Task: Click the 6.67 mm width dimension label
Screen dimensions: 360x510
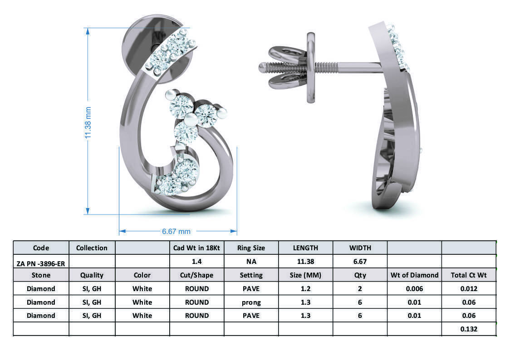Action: tap(176, 231)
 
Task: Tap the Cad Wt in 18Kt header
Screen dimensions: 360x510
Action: tap(196, 248)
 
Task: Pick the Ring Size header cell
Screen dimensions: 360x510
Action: tap(251, 248)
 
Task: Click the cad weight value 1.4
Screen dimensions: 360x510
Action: tap(196, 262)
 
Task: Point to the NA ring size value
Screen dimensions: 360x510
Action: tap(251, 262)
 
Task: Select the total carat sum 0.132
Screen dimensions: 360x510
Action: tap(468, 329)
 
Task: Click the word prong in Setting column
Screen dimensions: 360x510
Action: tap(251, 302)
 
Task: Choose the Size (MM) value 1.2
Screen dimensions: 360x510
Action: tap(305, 289)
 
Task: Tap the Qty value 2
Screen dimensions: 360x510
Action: tap(360, 289)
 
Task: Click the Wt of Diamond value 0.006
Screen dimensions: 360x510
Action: tap(414, 289)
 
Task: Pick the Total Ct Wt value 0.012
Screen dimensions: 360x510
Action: tap(468, 289)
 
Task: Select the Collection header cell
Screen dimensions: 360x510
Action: tap(92, 248)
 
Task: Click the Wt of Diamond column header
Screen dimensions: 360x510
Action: tap(414, 275)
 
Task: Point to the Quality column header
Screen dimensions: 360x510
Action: tap(92, 275)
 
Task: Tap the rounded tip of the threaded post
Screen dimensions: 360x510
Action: tap(261, 68)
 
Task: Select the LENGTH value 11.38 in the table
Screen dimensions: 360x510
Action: tap(305, 262)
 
